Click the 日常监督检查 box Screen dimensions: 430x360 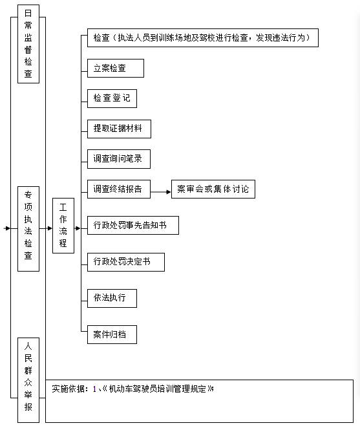(28, 46)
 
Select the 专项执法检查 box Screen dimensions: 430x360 (28, 228)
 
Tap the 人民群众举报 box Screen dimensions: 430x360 (28, 380)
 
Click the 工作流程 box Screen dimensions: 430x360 (63, 225)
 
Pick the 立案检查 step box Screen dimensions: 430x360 (115, 69)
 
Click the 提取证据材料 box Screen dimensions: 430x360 (119, 129)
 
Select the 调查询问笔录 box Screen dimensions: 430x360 (118, 158)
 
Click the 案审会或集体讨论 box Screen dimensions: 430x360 (213, 189)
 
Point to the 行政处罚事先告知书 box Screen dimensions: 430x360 (132, 226)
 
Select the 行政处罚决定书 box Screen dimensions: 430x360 (125, 262)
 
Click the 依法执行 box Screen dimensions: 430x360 (111, 298)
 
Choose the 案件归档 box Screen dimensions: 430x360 (111, 335)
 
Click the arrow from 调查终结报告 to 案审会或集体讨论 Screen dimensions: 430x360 (160, 191)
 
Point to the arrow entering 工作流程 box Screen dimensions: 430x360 (47, 228)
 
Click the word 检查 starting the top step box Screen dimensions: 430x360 (101, 38)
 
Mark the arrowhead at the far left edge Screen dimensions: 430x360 (7, 228)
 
